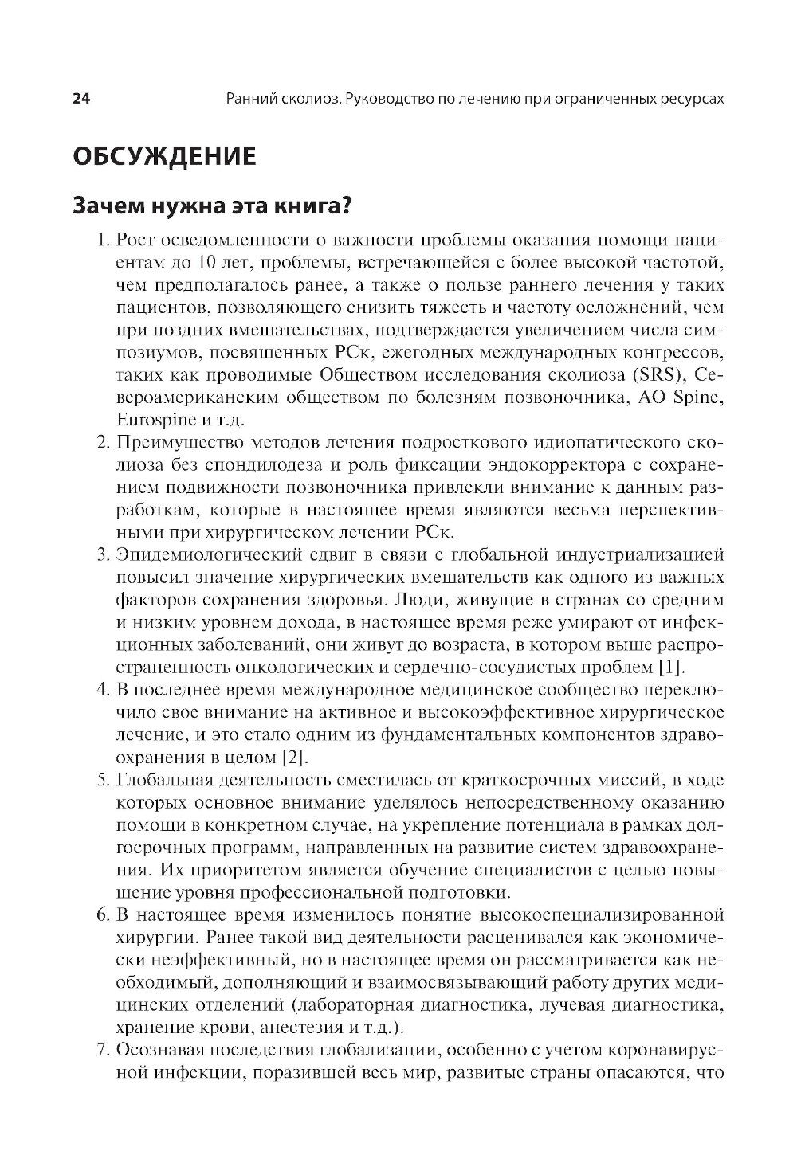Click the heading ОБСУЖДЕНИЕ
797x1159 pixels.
point(164,156)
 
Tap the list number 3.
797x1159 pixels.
point(102,554)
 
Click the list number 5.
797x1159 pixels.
point(102,778)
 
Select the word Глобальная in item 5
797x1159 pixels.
point(159,778)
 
